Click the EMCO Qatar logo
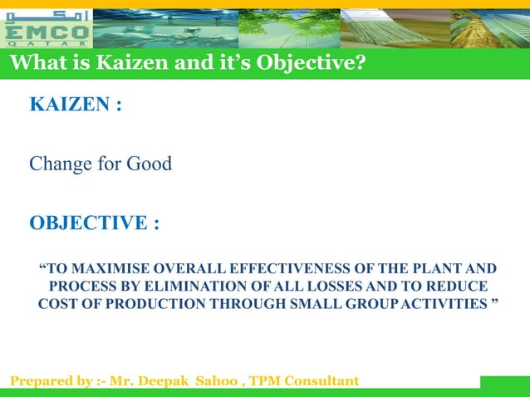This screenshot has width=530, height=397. (47, 27)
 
